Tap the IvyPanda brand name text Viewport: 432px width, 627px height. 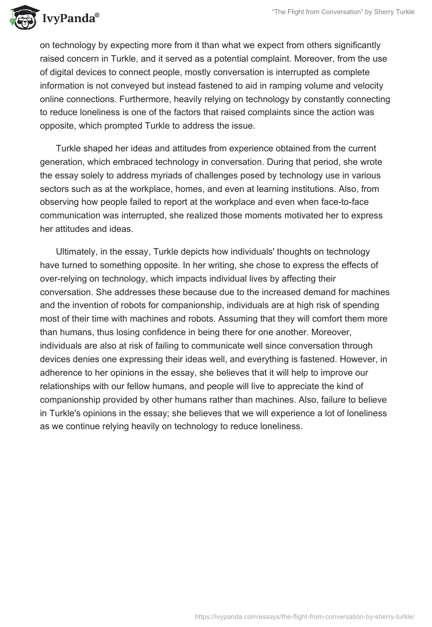(70, 19)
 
